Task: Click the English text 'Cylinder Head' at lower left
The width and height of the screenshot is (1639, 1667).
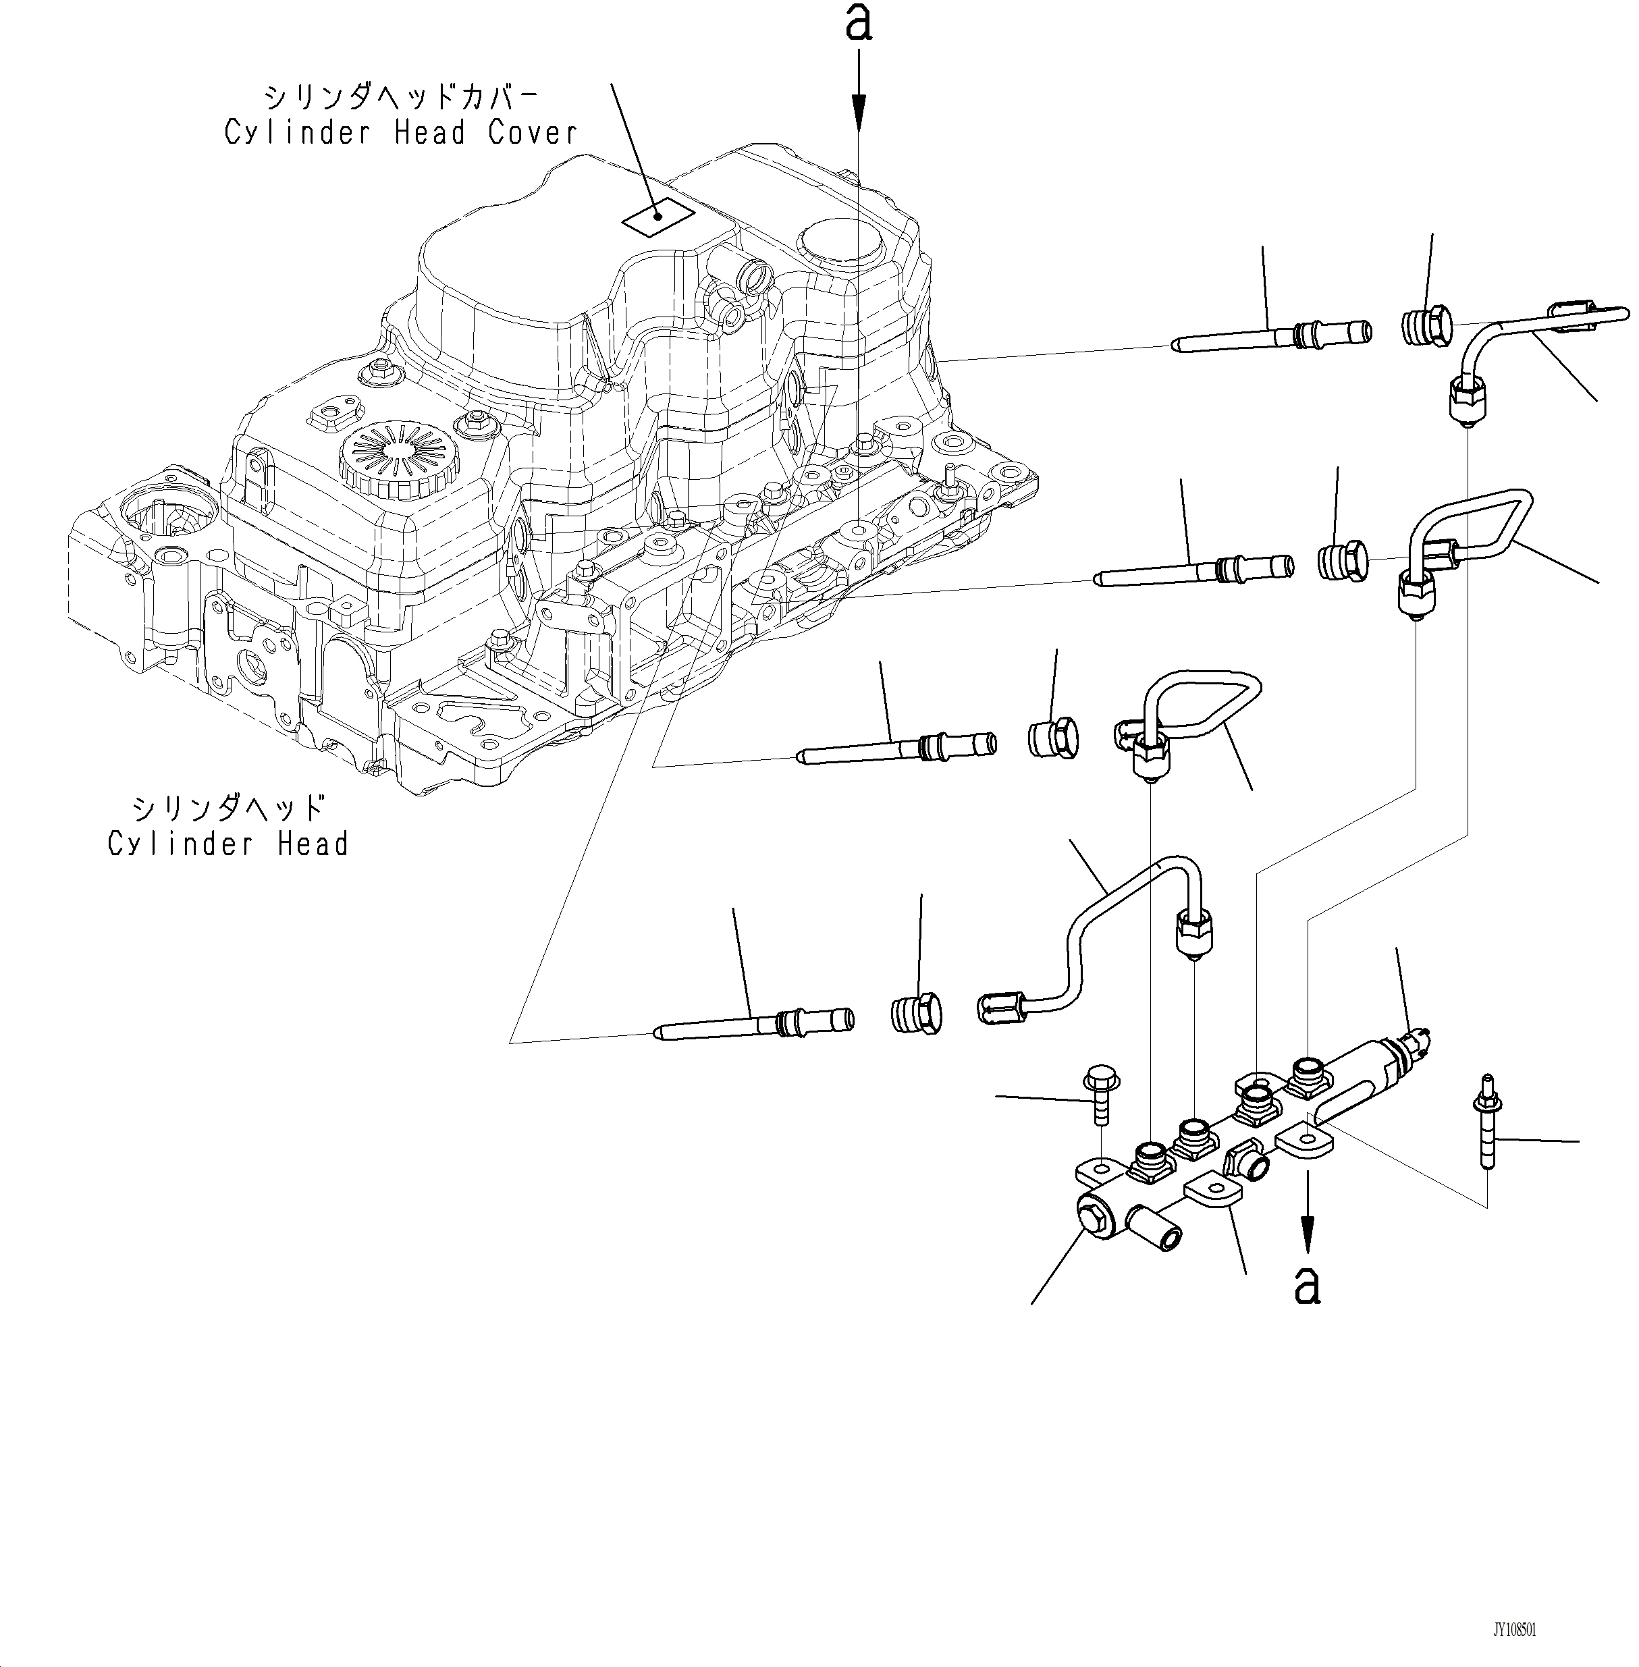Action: [228, 844]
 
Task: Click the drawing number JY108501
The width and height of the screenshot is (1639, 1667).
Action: [1514, 1630]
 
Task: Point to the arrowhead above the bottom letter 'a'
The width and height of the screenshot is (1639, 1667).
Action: [1308, 1239]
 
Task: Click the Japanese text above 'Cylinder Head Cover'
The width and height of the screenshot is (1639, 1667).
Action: [400, 97]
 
